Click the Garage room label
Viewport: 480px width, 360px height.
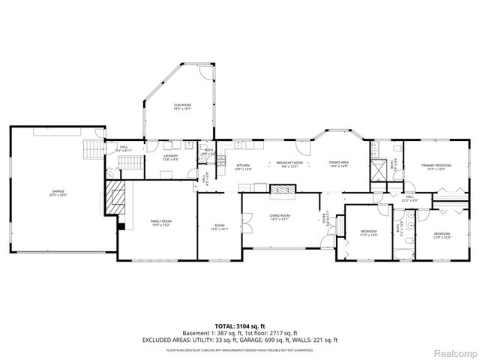(x=58, y=193)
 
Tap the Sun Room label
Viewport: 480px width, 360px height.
(x=183, y=106)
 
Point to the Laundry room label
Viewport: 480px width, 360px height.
(x=171, y=157)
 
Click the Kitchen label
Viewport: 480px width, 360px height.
(x=243, y=166)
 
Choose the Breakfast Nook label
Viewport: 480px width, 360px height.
(x=289, y=164)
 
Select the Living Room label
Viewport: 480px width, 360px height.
(x=280, y=217)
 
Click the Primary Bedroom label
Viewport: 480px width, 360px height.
(x=435, y=166)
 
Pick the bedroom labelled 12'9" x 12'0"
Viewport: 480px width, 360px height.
(x=442, y=235)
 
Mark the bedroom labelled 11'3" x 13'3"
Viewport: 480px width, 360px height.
(x=367, y=233)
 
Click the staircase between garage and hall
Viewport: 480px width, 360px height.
(x=94, y=148)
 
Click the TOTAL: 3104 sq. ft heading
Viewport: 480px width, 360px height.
(x=239, y=325)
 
